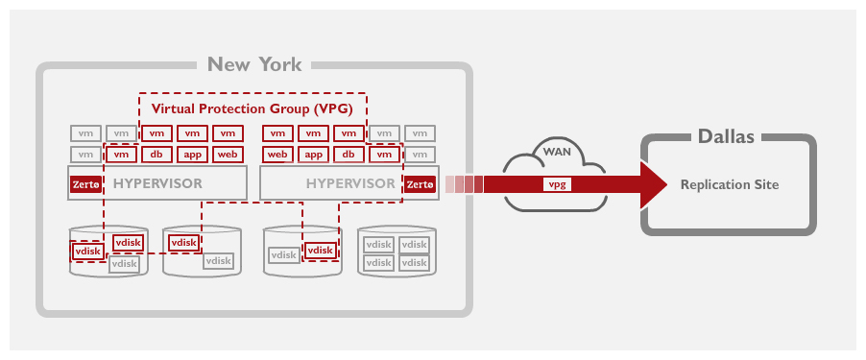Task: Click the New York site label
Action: pyautogui.click(x=254, y=65)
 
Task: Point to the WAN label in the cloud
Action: pyautogui.click(x=557, y=152)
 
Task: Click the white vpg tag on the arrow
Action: pyautogui.click(x=556, y=183)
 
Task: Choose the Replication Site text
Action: pyautogui.click(x=730, y=183)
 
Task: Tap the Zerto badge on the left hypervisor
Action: pyautogui.click(x=85, y=184)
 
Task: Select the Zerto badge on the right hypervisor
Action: pyautogui.click(x=420, y=184)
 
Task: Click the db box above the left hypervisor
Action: pyautogui.click(x=156, y=155)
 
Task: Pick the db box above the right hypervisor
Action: pyautogui.click(x=348, y=155)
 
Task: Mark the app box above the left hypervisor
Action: pyautogui.click(x=191, y=155)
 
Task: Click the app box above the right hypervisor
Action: pyautogui.click(x=313, y=155)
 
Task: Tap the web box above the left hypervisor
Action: pyautogui.click(x=227, y=155)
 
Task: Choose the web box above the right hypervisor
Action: pyautogui.click(x=277, y=155)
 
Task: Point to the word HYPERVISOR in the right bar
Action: pyautogui.click(x=349, y=183)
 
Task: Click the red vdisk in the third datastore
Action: pyautogui.click(x=320, y=251)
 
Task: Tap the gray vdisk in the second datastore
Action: pyautogui.click(x=218, y=260)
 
